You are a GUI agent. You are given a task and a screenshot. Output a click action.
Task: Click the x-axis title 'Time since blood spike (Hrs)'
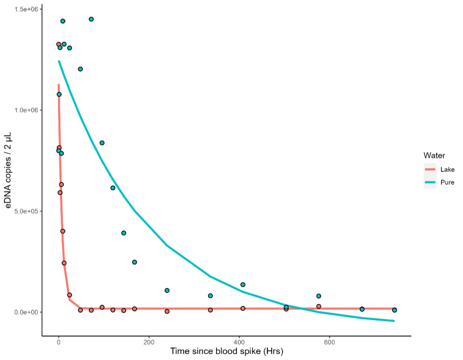click(x=227, y=351)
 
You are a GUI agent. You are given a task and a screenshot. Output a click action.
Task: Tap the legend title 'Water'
click(x=434, y=155)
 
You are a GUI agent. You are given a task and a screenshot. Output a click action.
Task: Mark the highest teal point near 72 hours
click(x=91, y=19)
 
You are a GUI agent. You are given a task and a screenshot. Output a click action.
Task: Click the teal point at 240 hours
click(x=167, y=290)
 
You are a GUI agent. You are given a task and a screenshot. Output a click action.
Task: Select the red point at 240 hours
click(x=167, y=311)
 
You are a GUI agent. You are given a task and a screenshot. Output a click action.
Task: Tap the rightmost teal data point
click(x=394, y=310)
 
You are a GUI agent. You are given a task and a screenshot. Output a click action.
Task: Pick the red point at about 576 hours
click(x=319, y=306)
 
